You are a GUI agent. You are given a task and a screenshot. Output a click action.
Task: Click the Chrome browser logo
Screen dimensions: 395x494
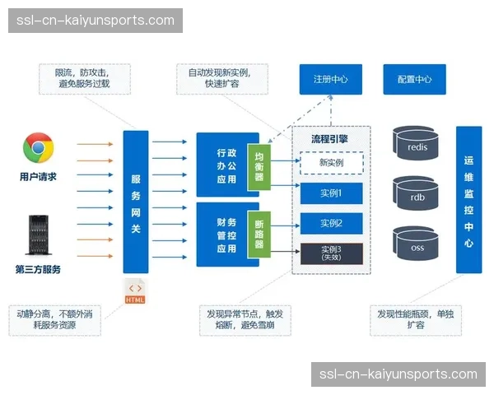click(x=38, y=149)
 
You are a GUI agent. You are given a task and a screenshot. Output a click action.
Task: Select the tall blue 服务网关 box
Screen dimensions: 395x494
click(x=136, y=202)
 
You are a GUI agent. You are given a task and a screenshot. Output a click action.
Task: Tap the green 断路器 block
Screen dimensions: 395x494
click(x=259, y=234)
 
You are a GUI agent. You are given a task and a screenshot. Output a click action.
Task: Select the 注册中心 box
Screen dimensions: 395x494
click(x=330, y=80)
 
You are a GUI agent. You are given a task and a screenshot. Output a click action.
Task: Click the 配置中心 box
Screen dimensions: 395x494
click(x=414, y=80)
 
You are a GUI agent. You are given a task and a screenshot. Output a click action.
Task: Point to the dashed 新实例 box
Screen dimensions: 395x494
click(x=331, y=163)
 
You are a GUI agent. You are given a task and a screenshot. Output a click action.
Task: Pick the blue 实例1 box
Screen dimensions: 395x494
click(x=331, y=193)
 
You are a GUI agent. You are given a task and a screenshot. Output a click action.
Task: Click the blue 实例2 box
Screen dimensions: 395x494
click(x=331, y=223)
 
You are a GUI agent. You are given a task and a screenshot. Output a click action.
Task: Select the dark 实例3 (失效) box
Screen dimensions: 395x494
click(x=331, y=253)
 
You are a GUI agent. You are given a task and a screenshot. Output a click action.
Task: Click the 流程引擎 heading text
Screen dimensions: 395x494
click(x=330, y=138)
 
